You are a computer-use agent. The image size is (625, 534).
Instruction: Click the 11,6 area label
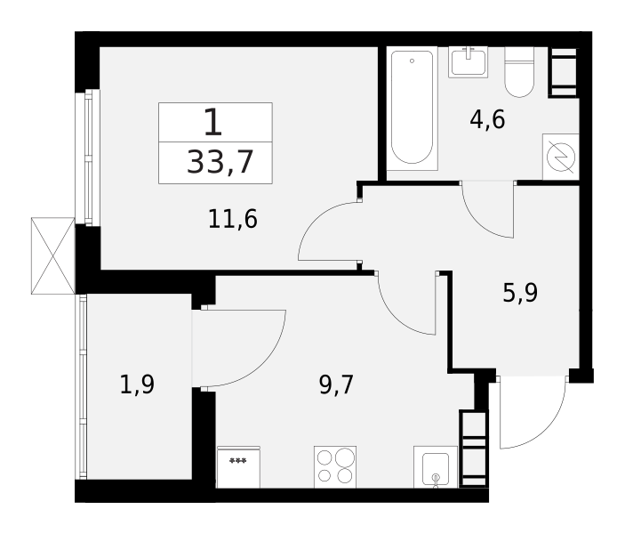[233, 219]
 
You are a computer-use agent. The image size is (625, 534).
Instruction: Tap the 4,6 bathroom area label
[487, 119]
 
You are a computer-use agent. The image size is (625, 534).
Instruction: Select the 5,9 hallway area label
[520, 292]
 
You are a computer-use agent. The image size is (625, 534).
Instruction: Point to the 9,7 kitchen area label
[337, 384]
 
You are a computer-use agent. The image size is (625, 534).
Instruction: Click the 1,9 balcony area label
[137, 385]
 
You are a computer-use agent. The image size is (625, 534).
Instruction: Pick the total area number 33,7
[220, 162]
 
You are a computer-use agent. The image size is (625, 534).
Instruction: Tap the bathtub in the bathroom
[412, 108]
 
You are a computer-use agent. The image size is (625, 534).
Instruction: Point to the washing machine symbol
[560, 157]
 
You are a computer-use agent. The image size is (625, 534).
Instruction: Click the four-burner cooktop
[334, 466]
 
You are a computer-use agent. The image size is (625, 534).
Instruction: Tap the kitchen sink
[436, 468]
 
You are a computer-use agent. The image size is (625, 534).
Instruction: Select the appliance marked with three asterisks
[238, 467]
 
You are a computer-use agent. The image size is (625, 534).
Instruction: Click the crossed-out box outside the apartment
[52, 255]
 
